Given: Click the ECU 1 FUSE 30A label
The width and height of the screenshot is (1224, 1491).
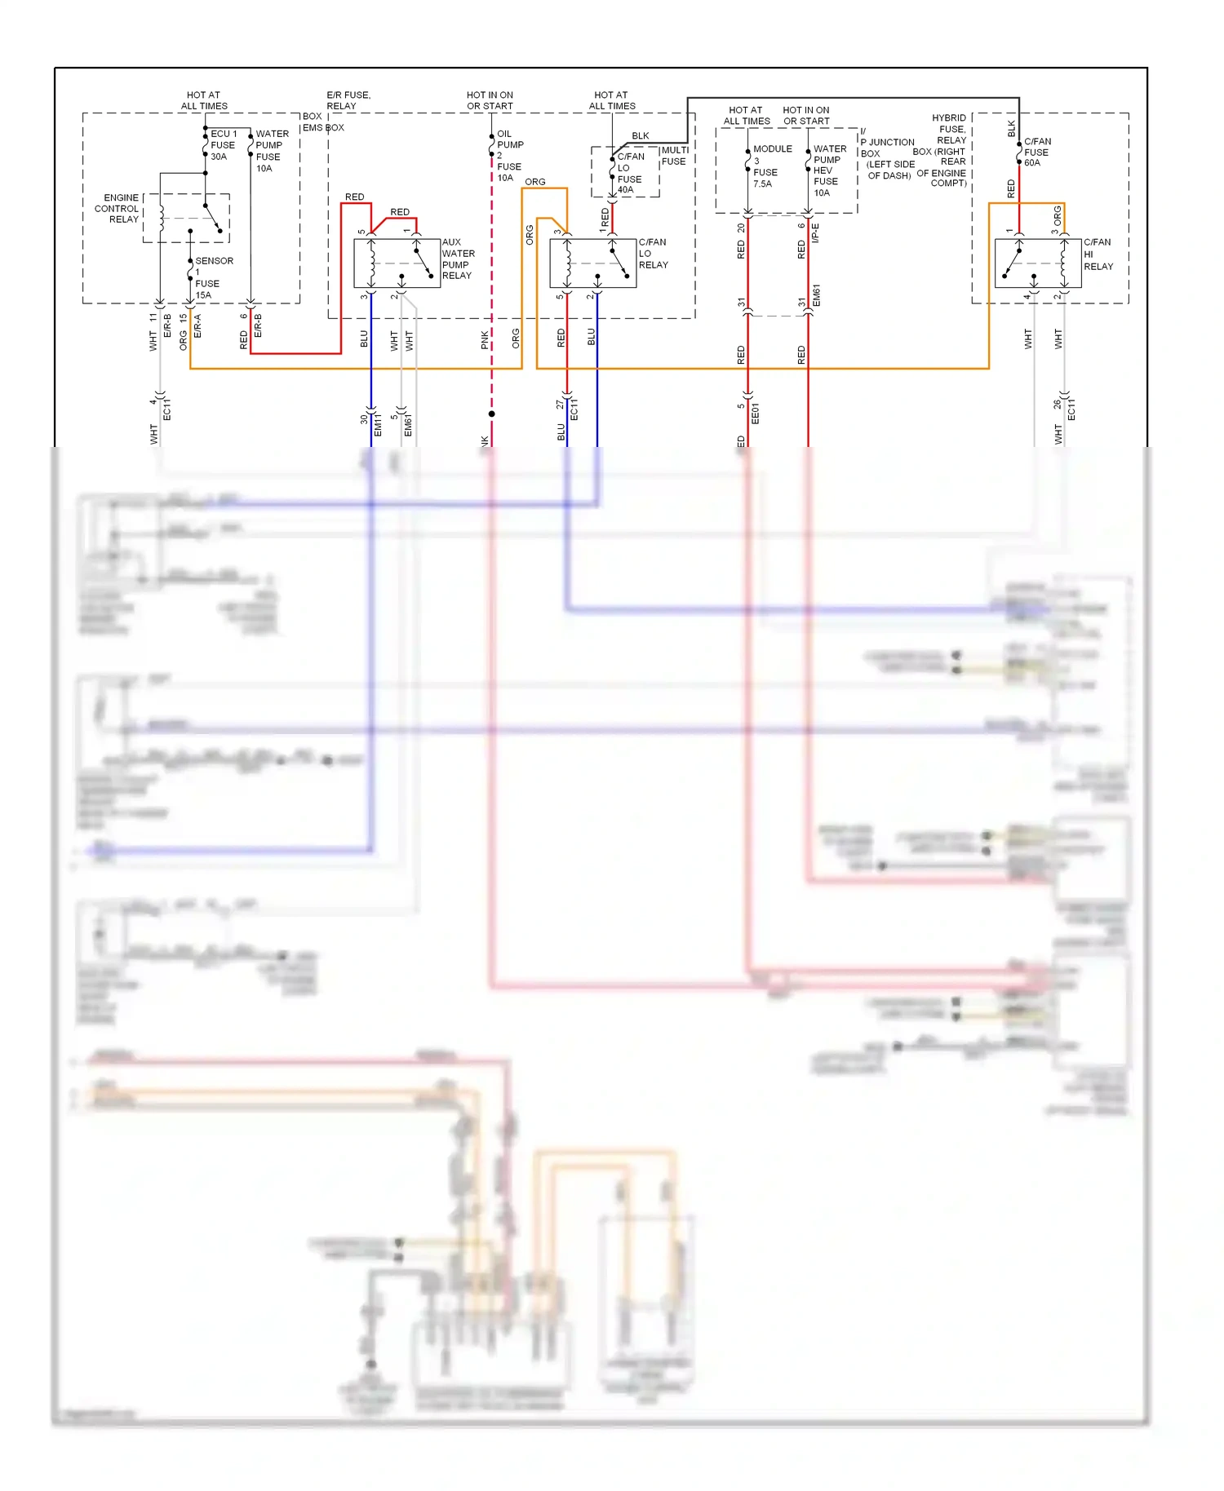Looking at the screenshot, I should (223, 145).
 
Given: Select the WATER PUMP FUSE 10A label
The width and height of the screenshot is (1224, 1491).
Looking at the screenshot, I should (271, 151).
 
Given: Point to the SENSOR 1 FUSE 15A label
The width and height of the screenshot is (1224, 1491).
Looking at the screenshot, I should (213, 278).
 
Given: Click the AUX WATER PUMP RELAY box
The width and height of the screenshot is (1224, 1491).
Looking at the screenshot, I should (397, 263).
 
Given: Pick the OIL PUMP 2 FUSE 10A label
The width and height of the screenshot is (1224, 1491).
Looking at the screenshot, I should (509, 156).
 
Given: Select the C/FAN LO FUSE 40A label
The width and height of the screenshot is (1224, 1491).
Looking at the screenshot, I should (629, 173).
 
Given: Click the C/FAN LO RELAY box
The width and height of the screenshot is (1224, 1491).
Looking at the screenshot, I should (592, 263).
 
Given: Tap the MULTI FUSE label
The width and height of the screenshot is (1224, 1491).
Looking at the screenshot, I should (674, 156).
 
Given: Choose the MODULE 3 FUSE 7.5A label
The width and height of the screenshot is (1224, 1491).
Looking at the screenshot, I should (770, 166).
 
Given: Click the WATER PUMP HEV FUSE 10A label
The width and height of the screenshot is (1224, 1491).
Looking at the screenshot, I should (829, 170).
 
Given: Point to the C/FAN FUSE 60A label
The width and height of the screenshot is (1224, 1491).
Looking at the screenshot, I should (1037, 152).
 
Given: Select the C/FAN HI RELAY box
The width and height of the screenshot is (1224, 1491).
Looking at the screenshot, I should (1037, 263).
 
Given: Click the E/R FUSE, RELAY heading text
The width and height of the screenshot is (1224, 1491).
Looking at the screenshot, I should (348, 100).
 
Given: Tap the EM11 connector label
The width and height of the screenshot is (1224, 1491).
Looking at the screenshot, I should (378, 424).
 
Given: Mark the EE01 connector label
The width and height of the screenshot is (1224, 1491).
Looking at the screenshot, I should (755, 414).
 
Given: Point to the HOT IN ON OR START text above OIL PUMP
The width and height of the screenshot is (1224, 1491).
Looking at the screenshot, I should (490, 100).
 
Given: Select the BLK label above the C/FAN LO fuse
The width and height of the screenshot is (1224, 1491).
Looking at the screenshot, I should (641, 136).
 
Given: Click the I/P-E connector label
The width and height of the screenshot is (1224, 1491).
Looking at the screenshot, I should (815, 233).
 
